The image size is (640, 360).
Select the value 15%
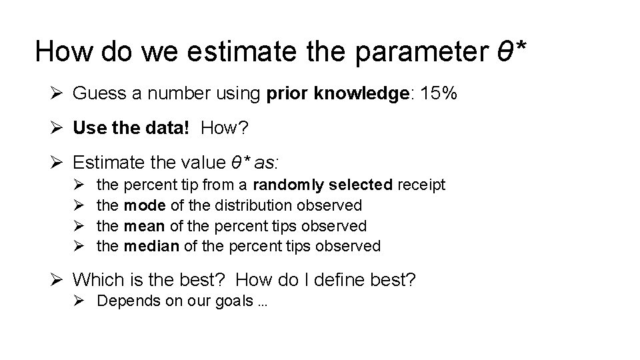pyautogui.click(x=438, y=93)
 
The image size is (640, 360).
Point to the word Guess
pyautogui.click(x=99, y=93)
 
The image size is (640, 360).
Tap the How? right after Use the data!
pyautogui.click(x=223, y=128)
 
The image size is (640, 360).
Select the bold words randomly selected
pyautogui.click(x=323, y=184)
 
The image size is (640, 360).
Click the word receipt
pyautogui.click(x=421, y=184)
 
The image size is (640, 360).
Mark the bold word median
pyautogui.click(x=151, y=246)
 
